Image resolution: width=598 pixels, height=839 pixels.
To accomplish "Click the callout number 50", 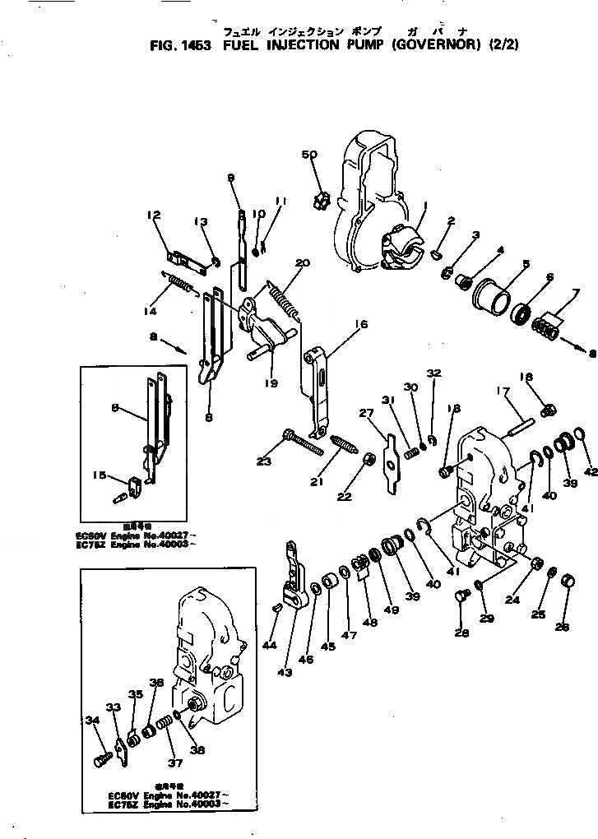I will coord(308,155).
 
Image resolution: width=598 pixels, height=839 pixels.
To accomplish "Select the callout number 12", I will coord(153,216).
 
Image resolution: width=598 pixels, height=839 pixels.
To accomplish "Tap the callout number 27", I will coord(366,414).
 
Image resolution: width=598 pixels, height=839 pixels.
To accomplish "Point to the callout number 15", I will coord(123,474).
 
